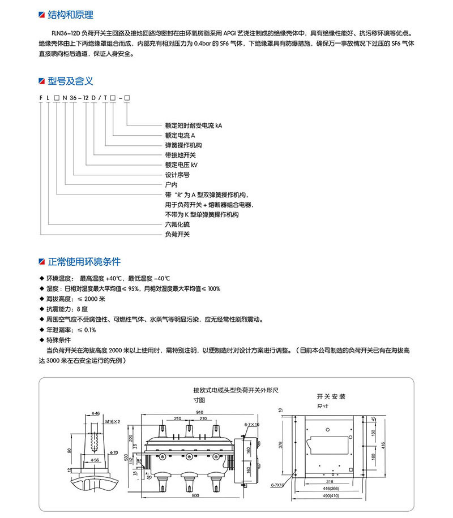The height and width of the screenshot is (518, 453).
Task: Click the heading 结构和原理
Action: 70,15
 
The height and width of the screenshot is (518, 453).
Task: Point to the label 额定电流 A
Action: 180,136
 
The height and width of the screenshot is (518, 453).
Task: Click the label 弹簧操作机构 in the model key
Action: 182,145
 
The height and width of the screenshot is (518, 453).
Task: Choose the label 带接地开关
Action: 180,155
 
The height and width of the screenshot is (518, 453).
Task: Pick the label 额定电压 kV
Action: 182,165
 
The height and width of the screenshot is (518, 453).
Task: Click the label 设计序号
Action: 177,175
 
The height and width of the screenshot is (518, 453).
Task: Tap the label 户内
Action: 171,184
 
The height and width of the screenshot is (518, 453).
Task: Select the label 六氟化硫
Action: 177,224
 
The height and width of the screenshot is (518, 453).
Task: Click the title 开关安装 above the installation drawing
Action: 331,397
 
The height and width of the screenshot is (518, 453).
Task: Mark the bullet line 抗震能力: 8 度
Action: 67,309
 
